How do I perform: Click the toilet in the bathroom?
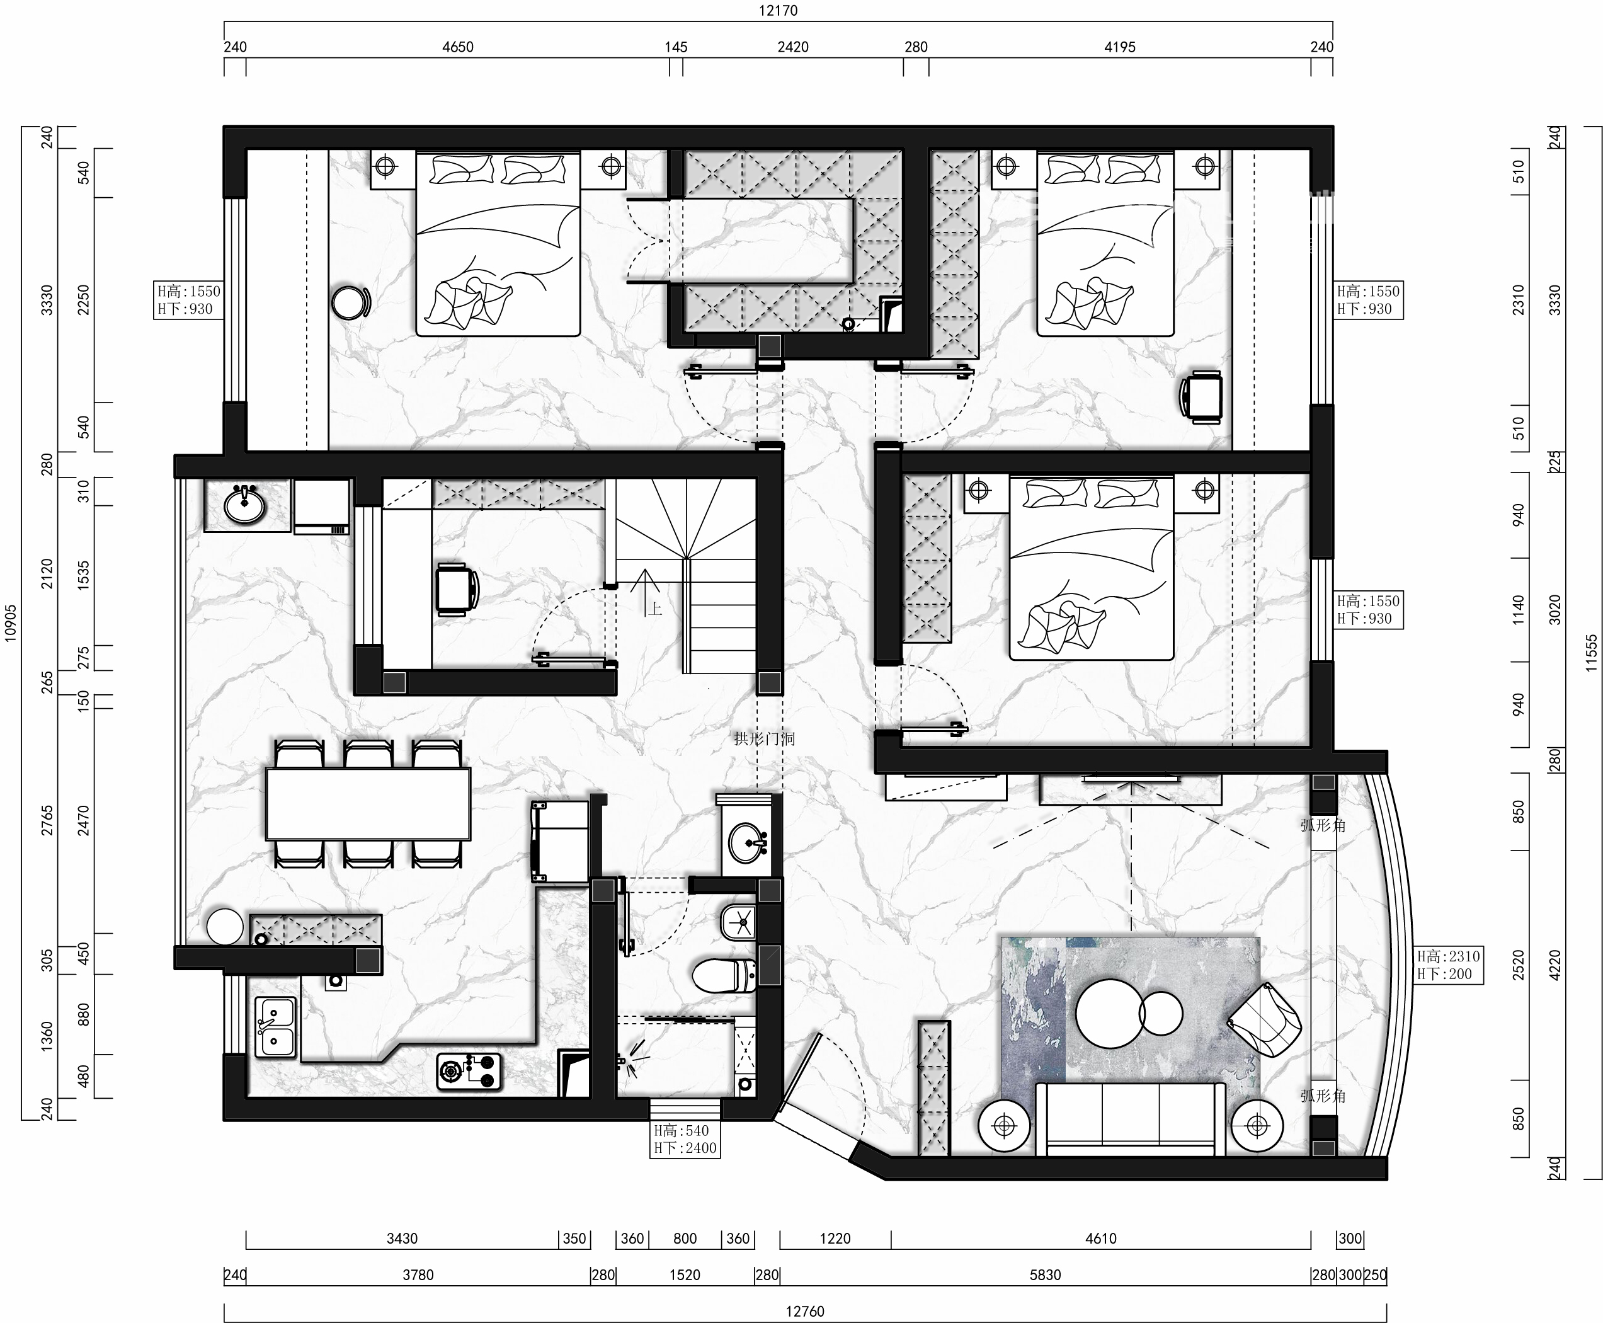point(723,975)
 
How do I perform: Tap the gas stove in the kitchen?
point(469,1071)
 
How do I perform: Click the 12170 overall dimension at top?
point(778,11)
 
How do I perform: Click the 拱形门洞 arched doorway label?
point(764,738)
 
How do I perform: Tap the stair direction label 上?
point(654,608)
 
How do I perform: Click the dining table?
point(368,803)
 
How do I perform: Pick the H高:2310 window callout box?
point(1448,965)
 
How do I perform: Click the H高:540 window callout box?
point(685,1139)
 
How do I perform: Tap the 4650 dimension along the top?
point(458,47)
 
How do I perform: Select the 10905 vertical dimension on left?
point(11,624)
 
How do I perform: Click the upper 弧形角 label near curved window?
point(1323,825)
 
